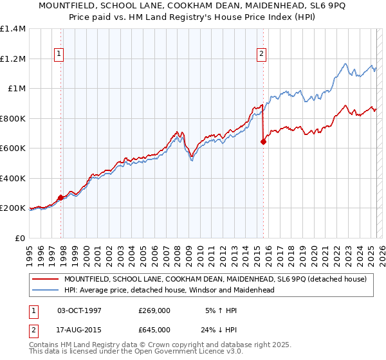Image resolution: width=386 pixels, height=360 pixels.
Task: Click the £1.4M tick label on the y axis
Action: point(13,29)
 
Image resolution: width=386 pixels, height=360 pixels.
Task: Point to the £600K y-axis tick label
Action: point(13,148)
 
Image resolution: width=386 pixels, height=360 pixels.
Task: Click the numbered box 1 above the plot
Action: point(59,55)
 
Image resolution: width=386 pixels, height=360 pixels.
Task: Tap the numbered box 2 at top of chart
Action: point(262,55)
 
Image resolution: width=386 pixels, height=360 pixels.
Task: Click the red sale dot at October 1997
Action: point(60,198)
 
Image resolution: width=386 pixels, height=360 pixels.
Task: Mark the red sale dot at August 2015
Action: point(263,142)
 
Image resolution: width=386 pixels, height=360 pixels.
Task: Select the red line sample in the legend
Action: point(46,279)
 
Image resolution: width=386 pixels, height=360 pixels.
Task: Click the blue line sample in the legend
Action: point(46,290)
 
